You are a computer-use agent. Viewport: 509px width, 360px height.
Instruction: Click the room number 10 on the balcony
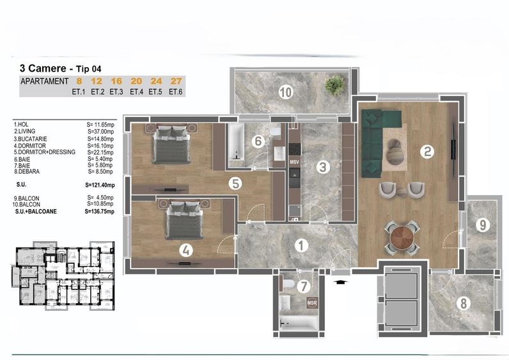click(x=285, y=93)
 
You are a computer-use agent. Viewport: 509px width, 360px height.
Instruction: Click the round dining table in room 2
click(x=402, y=237)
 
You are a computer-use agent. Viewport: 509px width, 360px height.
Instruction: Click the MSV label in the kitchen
click(x=295, y=162)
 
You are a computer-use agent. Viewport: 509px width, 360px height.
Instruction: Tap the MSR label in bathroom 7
click(x=311, y=303)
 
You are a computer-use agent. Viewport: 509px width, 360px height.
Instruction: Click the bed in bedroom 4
click(x=184, y=221)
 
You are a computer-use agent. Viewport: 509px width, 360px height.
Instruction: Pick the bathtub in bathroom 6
click(x=235, y=145)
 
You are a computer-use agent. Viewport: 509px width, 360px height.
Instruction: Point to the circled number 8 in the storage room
click(x=464, y=303)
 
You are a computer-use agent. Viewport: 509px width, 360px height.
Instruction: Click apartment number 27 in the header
click(x=176, y=81)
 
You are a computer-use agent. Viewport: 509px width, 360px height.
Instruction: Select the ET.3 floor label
click(x=116, y=92)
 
